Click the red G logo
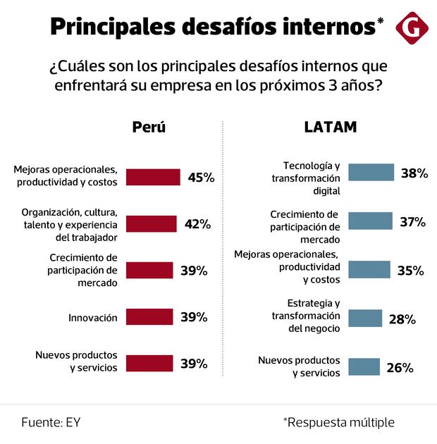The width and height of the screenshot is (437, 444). click(411, 27)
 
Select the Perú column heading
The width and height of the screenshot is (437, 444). click(149, 128)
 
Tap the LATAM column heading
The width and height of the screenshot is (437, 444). click(331, 128)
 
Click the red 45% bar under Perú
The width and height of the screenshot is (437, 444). click(153, 177)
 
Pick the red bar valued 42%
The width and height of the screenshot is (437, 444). click(151, 224)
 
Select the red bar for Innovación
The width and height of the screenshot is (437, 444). click(149, 317)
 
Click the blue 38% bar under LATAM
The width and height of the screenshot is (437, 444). click(371, 173)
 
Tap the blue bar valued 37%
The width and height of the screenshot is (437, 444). click(371, 221)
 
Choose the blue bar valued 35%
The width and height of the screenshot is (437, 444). click(369, 270)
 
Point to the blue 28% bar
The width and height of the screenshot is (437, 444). click(365, 319)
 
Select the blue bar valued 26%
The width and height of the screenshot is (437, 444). click(364, 367)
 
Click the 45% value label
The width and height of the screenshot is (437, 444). click(201, 177)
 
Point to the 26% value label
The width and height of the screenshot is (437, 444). click(399, 367)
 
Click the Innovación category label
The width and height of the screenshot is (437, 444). click(93, 318)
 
